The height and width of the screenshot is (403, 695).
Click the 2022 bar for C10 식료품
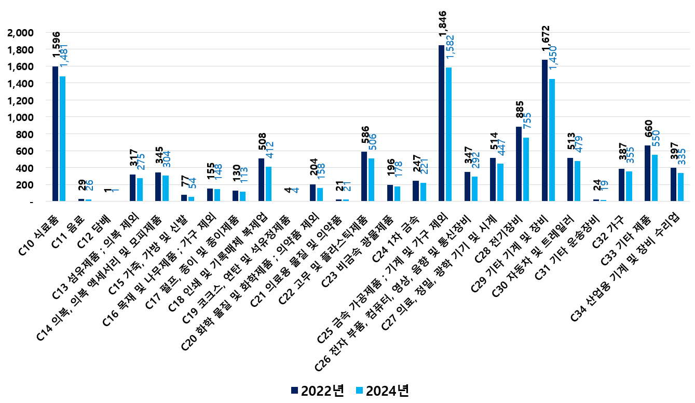click(55, 133)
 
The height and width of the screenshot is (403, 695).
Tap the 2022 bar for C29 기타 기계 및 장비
click(544, 130)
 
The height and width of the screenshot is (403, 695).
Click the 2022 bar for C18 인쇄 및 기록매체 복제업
click(261, 179)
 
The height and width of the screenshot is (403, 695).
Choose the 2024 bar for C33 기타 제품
click(655, 178)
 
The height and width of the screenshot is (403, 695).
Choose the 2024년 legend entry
click(382, 391)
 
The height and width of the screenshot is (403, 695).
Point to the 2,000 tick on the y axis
click(21, 33)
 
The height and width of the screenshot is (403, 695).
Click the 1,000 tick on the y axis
click(21, 117)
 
